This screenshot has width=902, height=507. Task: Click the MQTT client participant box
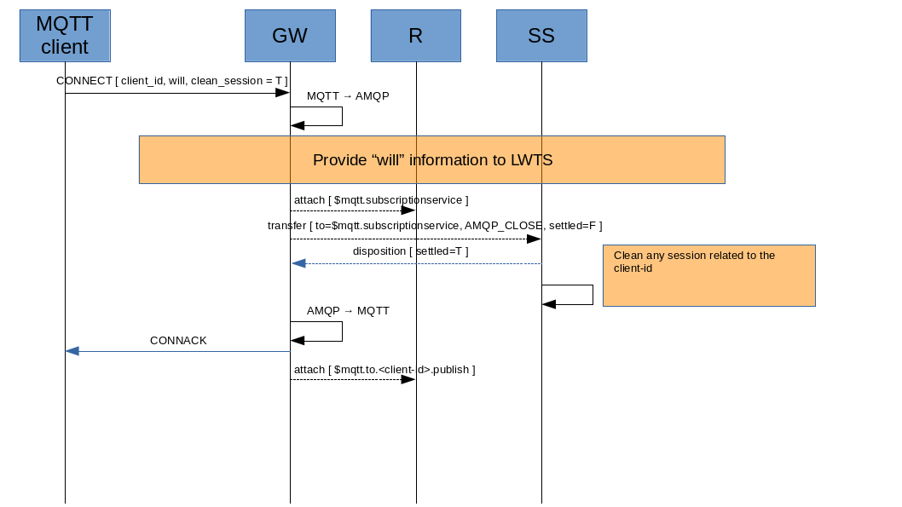[65, 36]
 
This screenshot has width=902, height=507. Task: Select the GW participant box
[290, 36]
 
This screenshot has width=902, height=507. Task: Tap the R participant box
[416, 36]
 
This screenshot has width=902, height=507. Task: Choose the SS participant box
[541, 36]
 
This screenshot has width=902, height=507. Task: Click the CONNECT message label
[171, 80]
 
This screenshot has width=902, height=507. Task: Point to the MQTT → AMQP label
[348, 96]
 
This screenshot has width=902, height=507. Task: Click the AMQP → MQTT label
[348, 311]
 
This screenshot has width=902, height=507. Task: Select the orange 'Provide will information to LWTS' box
[431, 159]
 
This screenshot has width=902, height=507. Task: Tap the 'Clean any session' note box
[708, 275]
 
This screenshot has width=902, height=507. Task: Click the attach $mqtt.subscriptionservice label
[381, 200]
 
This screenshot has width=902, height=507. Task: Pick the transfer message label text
[435, 226]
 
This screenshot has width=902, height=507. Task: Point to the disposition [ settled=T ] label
[410, 251]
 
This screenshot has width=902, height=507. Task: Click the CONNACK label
[178, 341]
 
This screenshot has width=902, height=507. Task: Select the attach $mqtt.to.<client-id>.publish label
[385, 370]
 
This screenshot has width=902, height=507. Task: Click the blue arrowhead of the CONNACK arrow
[72, 351]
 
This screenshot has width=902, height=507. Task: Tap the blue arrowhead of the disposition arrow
[298, 263]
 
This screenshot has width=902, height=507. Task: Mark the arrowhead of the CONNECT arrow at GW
[282, 93]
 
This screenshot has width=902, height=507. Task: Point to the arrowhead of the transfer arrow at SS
[534, 239]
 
